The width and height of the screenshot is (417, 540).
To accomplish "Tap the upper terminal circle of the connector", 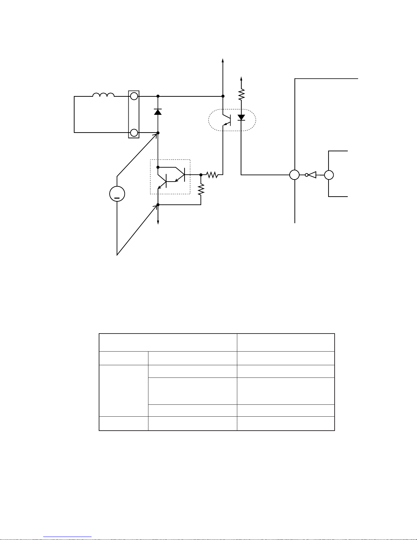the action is click(x=134, y=96).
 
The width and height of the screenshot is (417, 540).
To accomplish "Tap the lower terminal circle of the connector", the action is click(x=134, y=133).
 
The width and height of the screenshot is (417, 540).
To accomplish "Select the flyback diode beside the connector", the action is click(x=158, y=111).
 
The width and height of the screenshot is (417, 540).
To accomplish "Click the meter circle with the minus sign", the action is click(x=117, y=194).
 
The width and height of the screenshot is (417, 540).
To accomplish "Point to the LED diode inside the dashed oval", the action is click(x=241, y=118).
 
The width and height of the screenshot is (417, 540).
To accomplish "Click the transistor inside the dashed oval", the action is click(x=227, y=120).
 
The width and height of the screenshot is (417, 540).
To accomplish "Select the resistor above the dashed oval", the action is click(x=241, y=94).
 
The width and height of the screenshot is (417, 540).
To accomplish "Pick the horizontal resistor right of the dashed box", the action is click(x=212, y=175).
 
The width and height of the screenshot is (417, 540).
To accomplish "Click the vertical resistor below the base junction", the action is click(x=201, y=189).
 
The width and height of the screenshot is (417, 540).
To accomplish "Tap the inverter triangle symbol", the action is click(x=311, y=175).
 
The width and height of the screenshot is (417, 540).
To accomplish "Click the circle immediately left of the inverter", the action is click(x=294, y=175).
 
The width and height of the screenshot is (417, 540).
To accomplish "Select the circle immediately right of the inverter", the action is click(x=329, y=175).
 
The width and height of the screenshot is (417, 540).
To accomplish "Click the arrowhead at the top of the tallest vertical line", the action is click(x=223, y=60).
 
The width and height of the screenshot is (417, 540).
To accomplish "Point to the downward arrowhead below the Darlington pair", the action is click(x=158, y=222).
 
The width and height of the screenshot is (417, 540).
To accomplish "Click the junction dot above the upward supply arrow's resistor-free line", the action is click(x=223, y=96).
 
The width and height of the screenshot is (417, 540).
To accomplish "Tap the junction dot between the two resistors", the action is click(x=201, y=175).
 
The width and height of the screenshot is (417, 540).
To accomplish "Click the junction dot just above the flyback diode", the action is click(x=158, y=96).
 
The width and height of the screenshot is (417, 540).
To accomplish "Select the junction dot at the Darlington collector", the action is click(x=158, y=167).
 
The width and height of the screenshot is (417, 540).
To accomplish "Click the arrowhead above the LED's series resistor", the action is click(x=241, y=79).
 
